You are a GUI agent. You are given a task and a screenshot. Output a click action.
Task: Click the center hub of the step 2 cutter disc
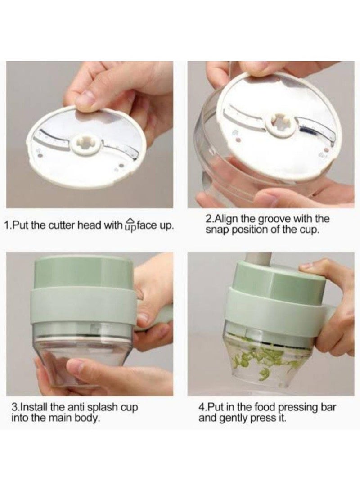(280, 125)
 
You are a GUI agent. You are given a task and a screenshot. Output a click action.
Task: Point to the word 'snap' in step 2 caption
(216, 230)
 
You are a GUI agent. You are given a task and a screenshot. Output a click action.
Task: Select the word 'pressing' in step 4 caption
(298, 408)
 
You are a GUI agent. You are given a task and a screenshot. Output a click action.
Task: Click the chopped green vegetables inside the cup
(259, 359)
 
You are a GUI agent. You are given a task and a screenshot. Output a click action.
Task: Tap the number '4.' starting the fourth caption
(202, 408)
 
